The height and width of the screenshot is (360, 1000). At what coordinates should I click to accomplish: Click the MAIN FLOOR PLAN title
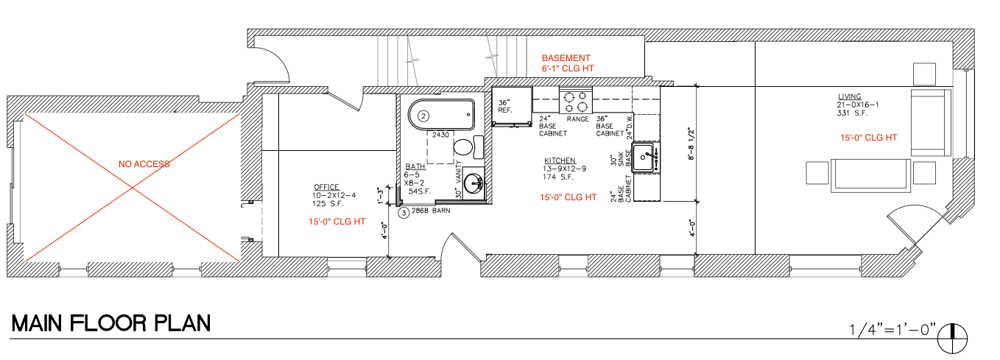click(110, 323)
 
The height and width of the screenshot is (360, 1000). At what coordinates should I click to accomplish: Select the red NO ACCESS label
click(144, 164)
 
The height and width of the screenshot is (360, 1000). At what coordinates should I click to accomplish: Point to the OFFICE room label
click(326, 187)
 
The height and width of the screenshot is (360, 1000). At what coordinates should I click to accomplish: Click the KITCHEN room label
click(560, 160)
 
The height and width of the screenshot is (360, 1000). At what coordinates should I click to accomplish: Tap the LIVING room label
click(849, 96)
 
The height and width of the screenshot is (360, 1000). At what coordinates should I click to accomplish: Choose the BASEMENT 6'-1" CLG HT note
click(568, 63)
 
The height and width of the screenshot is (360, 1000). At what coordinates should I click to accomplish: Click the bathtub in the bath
click(441, 115)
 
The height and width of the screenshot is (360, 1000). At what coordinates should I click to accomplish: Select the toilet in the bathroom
click(468, 147)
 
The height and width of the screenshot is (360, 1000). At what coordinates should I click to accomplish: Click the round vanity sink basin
click(473, 183)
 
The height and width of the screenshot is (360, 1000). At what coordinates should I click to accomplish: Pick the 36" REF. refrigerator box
click(512, 106)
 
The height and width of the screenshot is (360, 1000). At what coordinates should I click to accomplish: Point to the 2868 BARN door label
click(430, 211)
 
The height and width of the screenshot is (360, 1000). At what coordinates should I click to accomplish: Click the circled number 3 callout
click(404, 213)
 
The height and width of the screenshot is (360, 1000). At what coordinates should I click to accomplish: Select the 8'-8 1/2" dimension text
click(691, 144)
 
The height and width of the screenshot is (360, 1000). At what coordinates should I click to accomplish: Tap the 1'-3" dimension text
click(381, 196)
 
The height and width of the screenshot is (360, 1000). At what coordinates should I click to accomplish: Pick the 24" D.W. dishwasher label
click(630, 127)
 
